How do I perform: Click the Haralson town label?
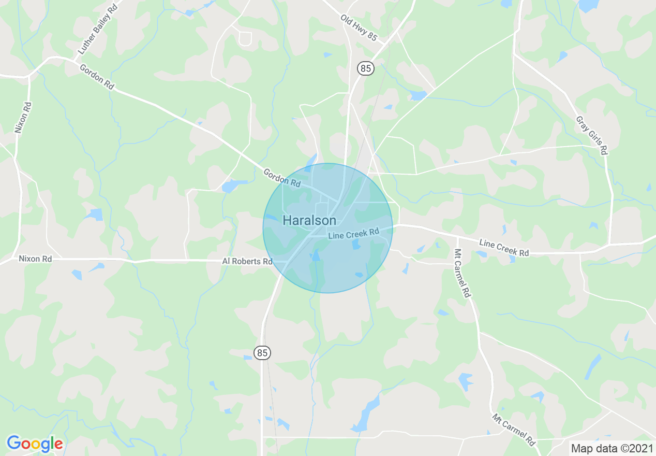[x=309, y=221]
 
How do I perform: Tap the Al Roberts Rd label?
[x=247, y=261]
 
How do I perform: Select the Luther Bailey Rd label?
[x=97, y=28]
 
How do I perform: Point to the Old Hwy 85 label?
[x=359, y=27]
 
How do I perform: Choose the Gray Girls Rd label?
[x=591, y=135]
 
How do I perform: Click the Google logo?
[x=35, y=444]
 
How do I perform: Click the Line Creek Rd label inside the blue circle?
[x=354, y=234]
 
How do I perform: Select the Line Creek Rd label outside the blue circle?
[x=504, y=247]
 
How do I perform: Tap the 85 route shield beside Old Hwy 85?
[x=366, y=68]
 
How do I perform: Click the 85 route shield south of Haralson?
[x=262, y=353]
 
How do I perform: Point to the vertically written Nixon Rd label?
[x=23, y=118]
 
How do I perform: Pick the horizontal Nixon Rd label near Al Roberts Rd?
[x=35, y=258]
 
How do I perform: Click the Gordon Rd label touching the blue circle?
[x=282, y=177]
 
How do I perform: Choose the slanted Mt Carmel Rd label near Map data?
[x=513, y=430]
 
